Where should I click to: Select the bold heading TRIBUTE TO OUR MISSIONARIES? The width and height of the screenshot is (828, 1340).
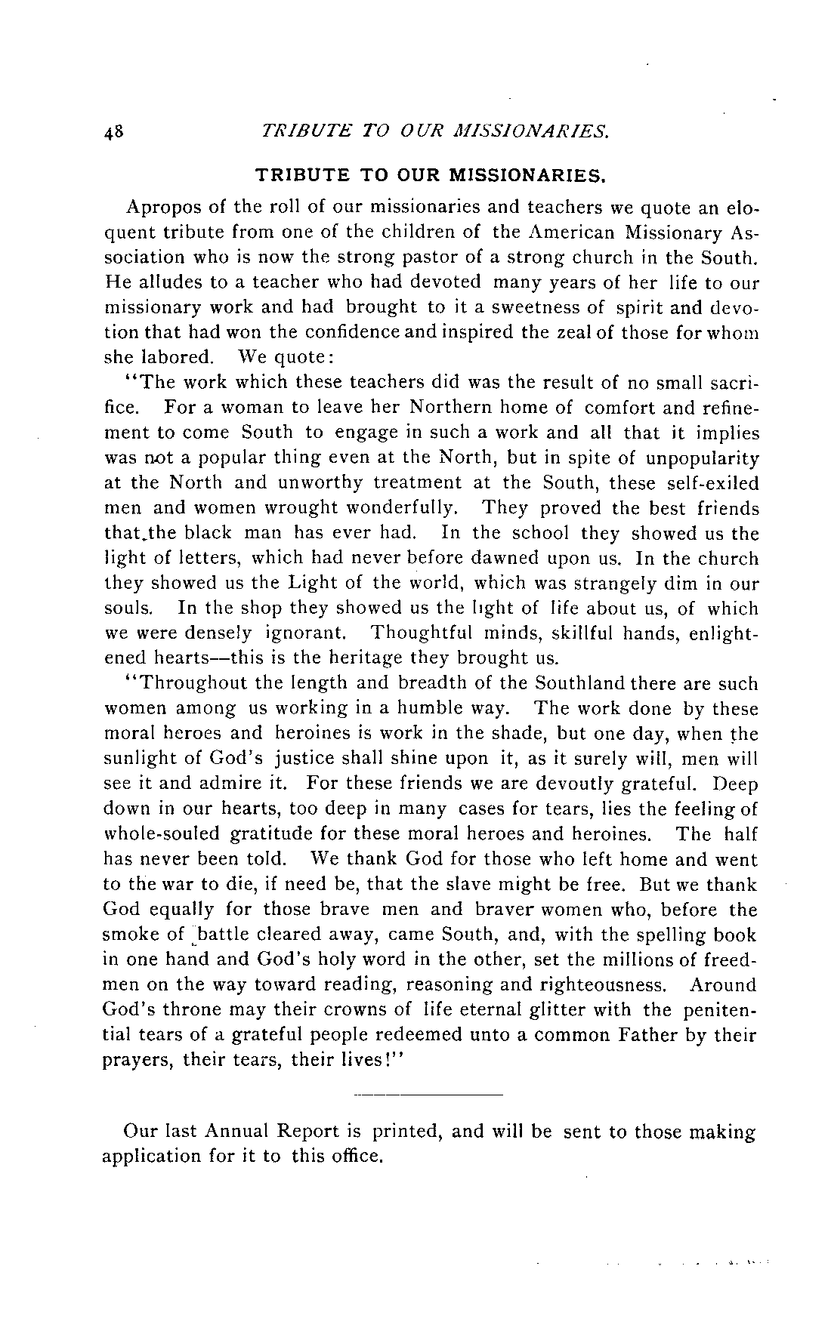click(x=431, y=177)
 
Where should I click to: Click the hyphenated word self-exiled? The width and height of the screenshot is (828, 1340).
click(x=704, y=482)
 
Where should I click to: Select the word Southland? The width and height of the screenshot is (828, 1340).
click(x=581, y=683)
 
